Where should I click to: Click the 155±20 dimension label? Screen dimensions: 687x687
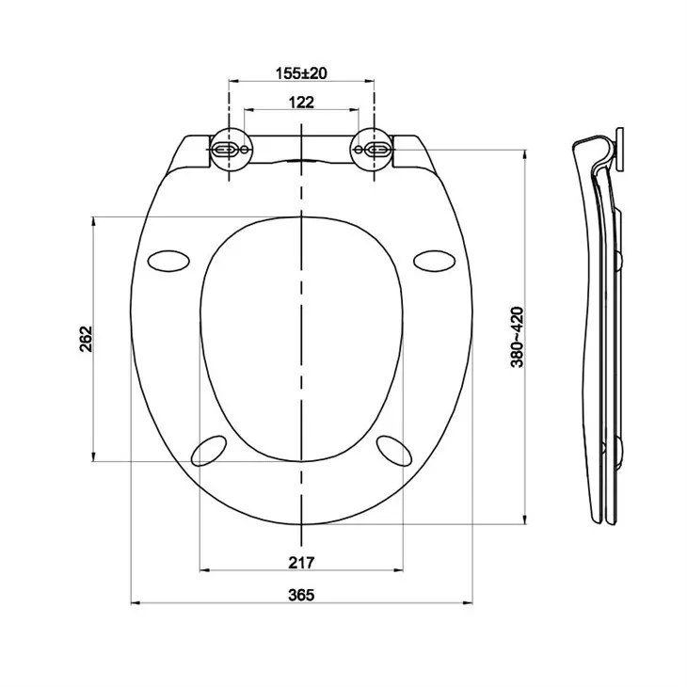[x=301, y=73]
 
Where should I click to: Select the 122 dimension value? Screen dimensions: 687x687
[x=301, y=103]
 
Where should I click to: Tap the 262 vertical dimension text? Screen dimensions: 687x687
[x=86, y=339]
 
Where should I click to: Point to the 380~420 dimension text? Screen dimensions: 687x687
[x=517, y=337]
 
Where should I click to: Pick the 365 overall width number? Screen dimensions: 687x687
[x=301, y=594]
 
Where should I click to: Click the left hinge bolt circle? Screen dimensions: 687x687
[x=229, y=151]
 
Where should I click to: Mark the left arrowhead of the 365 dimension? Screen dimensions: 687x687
[x=131, y=602]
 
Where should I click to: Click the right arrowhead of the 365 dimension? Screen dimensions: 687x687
[x=471, y=602]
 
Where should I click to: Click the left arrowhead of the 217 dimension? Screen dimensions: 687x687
[x=203, y=570]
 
